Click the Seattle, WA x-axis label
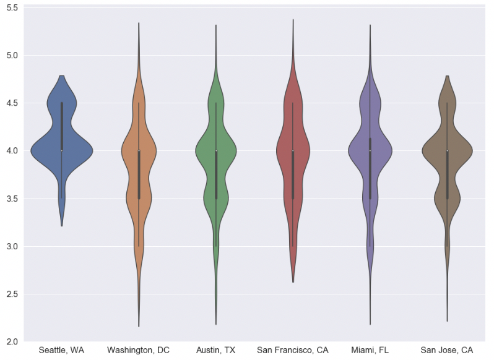tap(61, 350)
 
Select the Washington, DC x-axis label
tap(138, 350)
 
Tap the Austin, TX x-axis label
tap(215, 350)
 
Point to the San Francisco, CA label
tap(293, 350)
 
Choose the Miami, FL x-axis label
tap(370, 350)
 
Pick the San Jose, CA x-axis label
tap(446, 350)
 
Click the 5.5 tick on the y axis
tap(12, 7)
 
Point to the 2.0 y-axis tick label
tap(12, 341)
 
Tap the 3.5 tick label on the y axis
tap(12, 199)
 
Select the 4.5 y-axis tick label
tap(12, 103)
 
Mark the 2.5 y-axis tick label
tap(12, 294)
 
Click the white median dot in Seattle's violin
tap(61, 150)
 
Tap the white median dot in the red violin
tap(293, 150)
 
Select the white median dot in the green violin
tap(215, 150)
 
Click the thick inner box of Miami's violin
tap(370, 173)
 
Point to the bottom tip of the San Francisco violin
tap(293, 282)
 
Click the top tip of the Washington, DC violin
tap(139, 23)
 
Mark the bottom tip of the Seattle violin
tap(61, 226)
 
